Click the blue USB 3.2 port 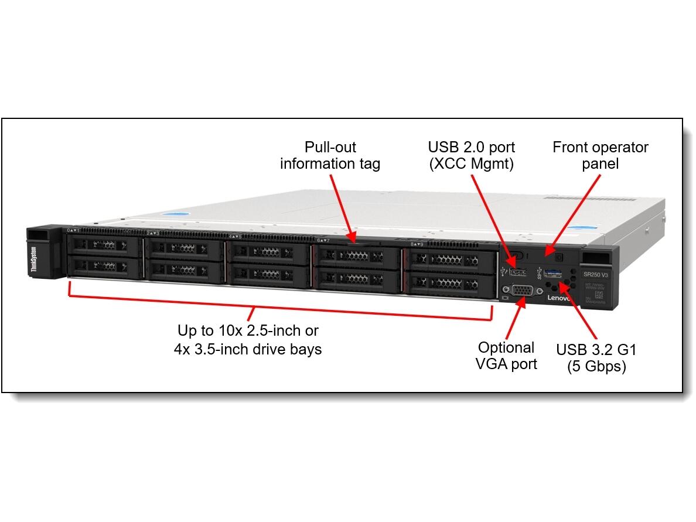tap(553, 272)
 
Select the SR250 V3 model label tap(595, 274)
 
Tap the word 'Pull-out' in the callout tap(330, 147)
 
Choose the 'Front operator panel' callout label tap(600, 155)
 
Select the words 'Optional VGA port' tap(506, 355)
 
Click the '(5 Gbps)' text tap(596, 367)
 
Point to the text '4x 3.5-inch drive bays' tap(248, 349)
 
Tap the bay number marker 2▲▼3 tap(153, 233)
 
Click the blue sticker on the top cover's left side tap(178, 216)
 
